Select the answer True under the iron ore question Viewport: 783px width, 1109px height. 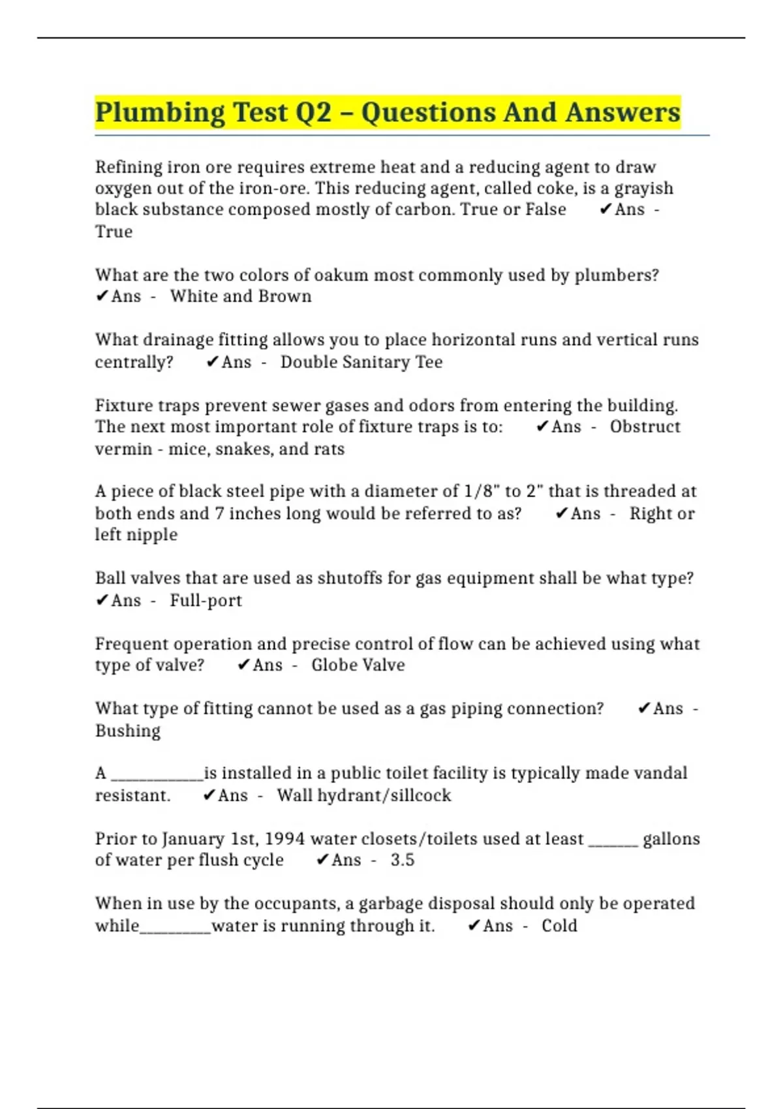[114, 232]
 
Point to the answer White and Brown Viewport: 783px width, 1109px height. [241, 296]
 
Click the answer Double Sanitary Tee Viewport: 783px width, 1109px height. [361, 362]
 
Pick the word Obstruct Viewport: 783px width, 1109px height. [645, 427]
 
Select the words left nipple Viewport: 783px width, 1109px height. [136, 535]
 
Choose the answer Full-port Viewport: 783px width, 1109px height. [206, 600]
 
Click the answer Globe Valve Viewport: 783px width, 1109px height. [358, 665]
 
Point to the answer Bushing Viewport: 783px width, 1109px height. [128, 731]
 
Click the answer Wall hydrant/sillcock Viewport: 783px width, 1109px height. [363, 795]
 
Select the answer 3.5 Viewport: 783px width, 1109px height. [403, 860]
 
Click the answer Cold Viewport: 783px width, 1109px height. [559, 926]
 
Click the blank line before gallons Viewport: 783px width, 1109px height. [613, 842]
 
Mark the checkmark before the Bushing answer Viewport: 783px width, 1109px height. [643, 708]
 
